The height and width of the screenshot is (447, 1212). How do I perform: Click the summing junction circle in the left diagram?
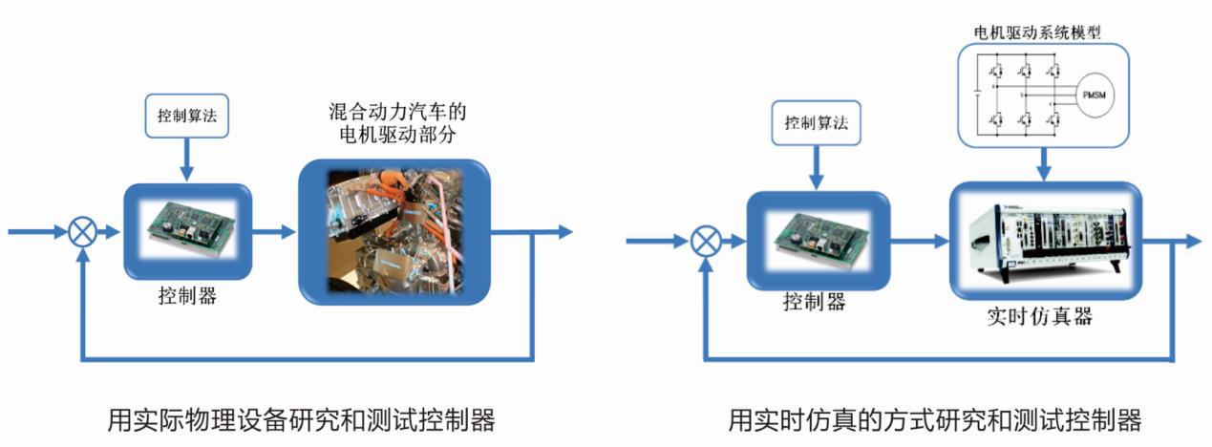(83, 232)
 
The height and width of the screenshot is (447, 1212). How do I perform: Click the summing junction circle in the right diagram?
(706, 241)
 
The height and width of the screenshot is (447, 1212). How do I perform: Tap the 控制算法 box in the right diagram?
(815, 123)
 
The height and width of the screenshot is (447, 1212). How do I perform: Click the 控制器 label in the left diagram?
(187, 296)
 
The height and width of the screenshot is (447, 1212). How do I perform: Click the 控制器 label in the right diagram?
(814, 303)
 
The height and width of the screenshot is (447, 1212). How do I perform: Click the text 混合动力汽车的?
(396, 112)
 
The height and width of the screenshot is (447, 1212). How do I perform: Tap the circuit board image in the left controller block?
(188, 232)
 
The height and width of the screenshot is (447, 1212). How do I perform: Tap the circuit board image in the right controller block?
(815, 240)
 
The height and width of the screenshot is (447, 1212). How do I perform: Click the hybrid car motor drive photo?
(394, 232)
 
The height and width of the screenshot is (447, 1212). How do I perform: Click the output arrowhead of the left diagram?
(564, 232)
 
